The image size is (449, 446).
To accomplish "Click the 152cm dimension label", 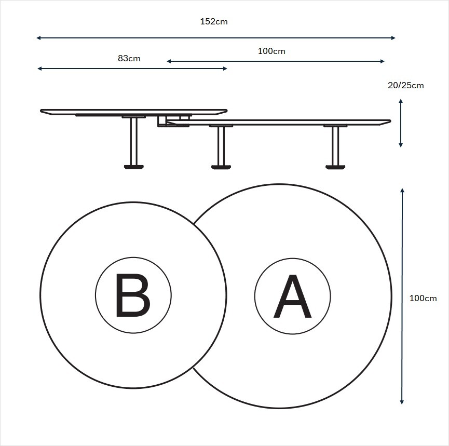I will tap(214, 22).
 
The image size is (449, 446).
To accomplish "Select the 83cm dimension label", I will tap(129, 58).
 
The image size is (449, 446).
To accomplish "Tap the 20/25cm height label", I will tap(405, 86).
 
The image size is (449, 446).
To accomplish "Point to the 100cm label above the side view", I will tap(271, 51).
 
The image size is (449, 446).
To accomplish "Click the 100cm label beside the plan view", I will tap(423, 298).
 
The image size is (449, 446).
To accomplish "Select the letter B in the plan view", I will tap(133, 295).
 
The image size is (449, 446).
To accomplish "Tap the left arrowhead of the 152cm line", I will tap(38, 38).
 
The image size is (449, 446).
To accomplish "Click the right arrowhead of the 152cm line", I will tap(393, 38).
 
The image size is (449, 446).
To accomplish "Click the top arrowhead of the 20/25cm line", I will tap(401, 101).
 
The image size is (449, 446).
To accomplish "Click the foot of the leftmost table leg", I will tap(134, 167).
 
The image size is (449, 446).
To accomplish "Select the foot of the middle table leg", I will tap(221, 167).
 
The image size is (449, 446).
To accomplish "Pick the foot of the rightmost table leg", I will tap(335, 167).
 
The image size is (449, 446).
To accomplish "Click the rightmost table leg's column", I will tap(335, 146).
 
